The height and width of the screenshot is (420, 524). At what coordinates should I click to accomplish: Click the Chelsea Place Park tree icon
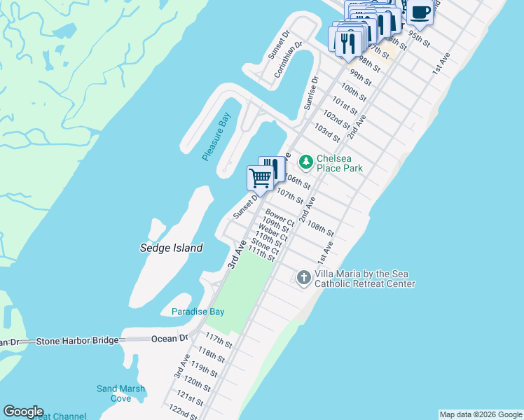[305, 162]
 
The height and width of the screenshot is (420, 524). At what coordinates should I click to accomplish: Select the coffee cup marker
[420, 13]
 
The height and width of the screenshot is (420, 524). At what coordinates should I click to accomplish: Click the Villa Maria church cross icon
[304, 278]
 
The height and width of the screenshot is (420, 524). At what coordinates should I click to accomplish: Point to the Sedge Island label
[172, 248]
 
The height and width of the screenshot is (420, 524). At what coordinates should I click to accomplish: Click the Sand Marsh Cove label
[121, 393]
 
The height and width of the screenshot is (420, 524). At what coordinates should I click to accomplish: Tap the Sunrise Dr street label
[311, 92]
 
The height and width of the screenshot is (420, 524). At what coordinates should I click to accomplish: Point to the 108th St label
[321, 227]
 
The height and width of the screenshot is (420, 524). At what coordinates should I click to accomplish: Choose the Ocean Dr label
[170, 339]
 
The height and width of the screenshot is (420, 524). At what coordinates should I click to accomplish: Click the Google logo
[23, 412]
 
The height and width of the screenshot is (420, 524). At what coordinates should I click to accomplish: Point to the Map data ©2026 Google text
[481, 414]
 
